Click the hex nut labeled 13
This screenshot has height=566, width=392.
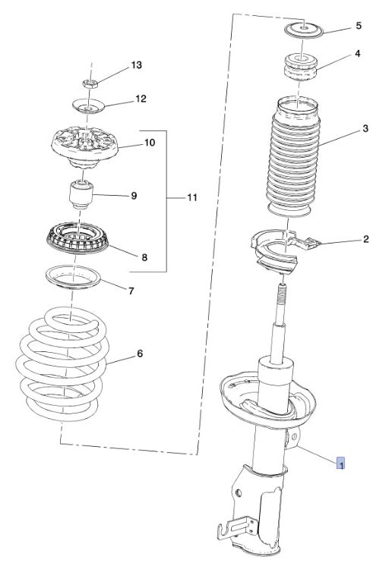[90, 83]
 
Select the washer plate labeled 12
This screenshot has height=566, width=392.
[89, 106]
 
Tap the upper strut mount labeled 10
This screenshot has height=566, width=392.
[85, 147]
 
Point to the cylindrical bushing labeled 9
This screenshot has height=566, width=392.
[81, 194]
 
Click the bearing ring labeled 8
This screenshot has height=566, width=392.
[77, 238]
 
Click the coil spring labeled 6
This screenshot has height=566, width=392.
[62, 365]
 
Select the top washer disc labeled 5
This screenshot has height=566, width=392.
[304, 30]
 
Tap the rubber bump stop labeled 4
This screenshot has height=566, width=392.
[301, 67]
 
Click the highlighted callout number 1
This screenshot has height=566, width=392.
[340, 463]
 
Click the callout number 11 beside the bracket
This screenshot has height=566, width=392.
[192, 197]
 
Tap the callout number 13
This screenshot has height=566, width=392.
[136, 65]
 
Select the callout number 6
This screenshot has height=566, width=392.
[141, 354]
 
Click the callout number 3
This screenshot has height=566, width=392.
[365, 128]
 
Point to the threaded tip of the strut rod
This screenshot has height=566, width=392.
[282, 291]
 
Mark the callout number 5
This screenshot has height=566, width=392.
[359, 26]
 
